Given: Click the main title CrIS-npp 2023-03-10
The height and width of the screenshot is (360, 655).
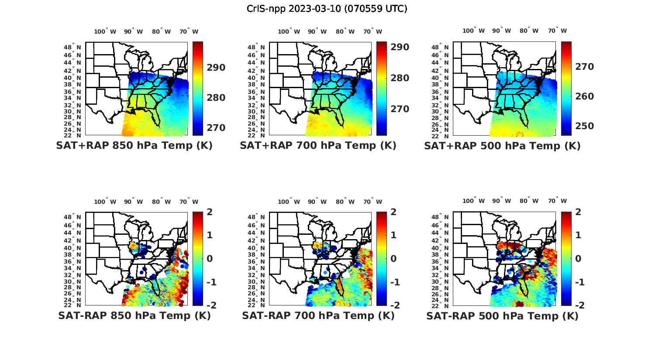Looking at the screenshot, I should pos(327,9).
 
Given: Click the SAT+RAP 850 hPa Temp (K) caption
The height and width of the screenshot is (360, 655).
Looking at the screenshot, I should pos(134,146).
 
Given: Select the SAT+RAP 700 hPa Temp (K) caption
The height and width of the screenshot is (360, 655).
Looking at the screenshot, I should pos(318,146).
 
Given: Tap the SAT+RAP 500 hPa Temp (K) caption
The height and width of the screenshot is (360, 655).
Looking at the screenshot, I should pos(502,146).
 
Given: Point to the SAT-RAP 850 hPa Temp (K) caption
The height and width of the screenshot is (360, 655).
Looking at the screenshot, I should pos(134,315).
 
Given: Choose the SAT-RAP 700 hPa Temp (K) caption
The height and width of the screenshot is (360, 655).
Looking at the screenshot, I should pos(318,315).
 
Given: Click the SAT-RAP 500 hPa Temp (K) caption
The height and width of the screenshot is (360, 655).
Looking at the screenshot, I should pos(502,316).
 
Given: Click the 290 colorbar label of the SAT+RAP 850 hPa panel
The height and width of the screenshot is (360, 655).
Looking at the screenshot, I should pos(216,68).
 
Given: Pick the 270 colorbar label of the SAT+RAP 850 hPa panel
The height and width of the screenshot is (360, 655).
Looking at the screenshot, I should pos(216,128).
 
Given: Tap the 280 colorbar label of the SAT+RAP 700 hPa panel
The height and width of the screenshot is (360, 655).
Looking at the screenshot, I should pos(400,78).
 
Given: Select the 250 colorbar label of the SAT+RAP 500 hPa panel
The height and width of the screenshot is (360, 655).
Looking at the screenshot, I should pos(584,126).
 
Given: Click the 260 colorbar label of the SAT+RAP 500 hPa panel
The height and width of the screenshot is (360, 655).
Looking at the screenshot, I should pos(584,96).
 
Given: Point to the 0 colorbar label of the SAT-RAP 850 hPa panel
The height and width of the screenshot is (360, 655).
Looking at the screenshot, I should pos(210,258).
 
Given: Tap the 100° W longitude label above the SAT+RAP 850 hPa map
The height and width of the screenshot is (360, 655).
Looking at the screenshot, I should pos(105,31).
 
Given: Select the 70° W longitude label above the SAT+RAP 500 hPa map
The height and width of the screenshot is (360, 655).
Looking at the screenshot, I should pos(557,31).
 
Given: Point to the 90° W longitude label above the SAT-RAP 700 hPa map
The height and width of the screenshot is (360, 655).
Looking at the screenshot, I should pos(317,202).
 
